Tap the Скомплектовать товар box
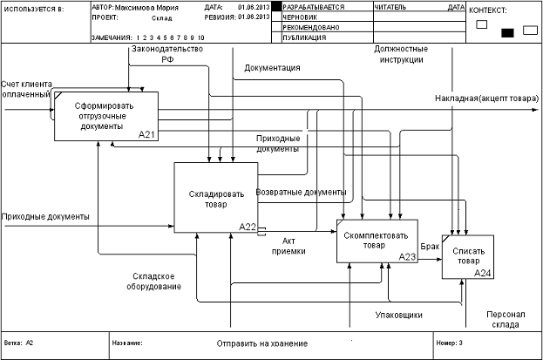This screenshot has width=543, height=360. click(x=377, y=240)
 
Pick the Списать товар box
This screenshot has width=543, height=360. click(x=467, y=255)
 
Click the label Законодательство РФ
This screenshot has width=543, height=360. click(x=166, y=54)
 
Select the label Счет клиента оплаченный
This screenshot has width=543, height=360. click(x=26, y=88)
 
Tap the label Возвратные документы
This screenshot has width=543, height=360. click(x=301, y=192)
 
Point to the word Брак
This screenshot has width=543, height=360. click(x=430, y=248)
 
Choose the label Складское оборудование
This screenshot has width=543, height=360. click(x=151, y=280)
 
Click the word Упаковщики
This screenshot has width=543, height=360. click(x=399, y=314)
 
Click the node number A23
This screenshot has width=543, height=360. click(x=408, y=257)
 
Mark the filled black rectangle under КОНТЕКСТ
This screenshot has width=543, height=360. click(x=507, y=33)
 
